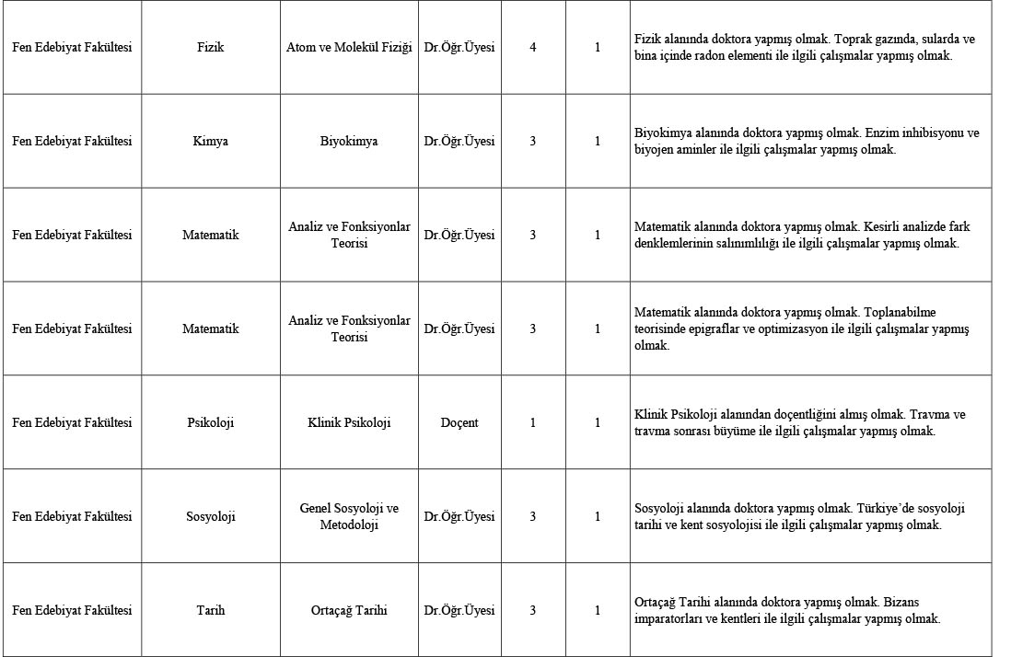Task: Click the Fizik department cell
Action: tap(210, 47)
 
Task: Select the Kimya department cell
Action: tap(210, 142)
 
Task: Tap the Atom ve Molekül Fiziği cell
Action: tap(349, 47)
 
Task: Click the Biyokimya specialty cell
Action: tap(349, 142)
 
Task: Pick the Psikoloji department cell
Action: tap(210, 423)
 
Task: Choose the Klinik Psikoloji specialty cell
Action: tap(349, 423)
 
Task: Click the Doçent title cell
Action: tap(459, 423)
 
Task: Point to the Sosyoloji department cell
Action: tap(210, 517)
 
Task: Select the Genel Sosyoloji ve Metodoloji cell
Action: tap(349, 517)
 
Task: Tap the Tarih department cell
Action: tap(210, 611)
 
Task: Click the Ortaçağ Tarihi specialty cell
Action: tap(349, 611)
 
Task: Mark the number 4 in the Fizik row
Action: tap(533, 47)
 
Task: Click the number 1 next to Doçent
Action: tap(533, 423)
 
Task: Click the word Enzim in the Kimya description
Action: tap(888, 133)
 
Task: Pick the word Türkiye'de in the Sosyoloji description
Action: tap(884, 509)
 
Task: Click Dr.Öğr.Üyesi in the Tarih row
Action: tap(459, 611)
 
